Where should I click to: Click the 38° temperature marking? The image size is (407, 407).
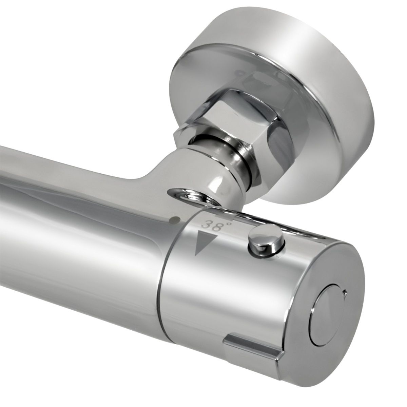tap(212, 225)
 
